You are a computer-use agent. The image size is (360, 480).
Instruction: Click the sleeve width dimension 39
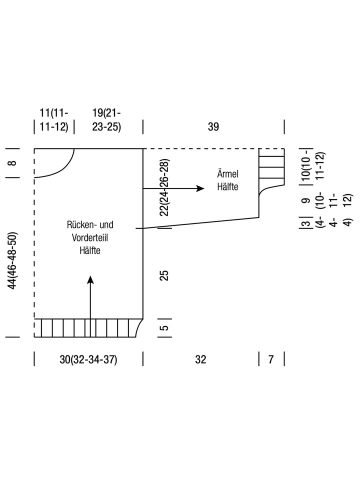point(213,126)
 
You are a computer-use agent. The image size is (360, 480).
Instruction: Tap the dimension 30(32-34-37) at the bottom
point(88,359)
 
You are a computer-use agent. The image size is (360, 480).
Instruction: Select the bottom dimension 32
point(200,359)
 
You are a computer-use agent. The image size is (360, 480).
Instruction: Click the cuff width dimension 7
point(271,359)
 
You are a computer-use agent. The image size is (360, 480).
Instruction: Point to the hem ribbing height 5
point(164,328)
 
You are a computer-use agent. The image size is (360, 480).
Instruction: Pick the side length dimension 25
point(164,275)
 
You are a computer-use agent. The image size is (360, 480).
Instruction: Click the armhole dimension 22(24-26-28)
point(164,187)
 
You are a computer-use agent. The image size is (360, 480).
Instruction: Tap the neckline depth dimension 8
point(13,162)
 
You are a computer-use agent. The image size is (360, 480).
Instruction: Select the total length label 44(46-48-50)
point(13,260)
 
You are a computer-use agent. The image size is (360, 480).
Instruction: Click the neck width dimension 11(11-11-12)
point(54,119)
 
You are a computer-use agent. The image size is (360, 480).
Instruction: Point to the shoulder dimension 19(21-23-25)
point(106,119)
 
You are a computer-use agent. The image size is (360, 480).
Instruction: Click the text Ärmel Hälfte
point(227,180)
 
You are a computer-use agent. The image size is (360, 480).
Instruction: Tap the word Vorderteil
point(90,238)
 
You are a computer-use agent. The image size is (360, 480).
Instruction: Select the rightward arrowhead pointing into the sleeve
point(200,188)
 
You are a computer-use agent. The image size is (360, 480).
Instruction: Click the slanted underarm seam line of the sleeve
point(200,222)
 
